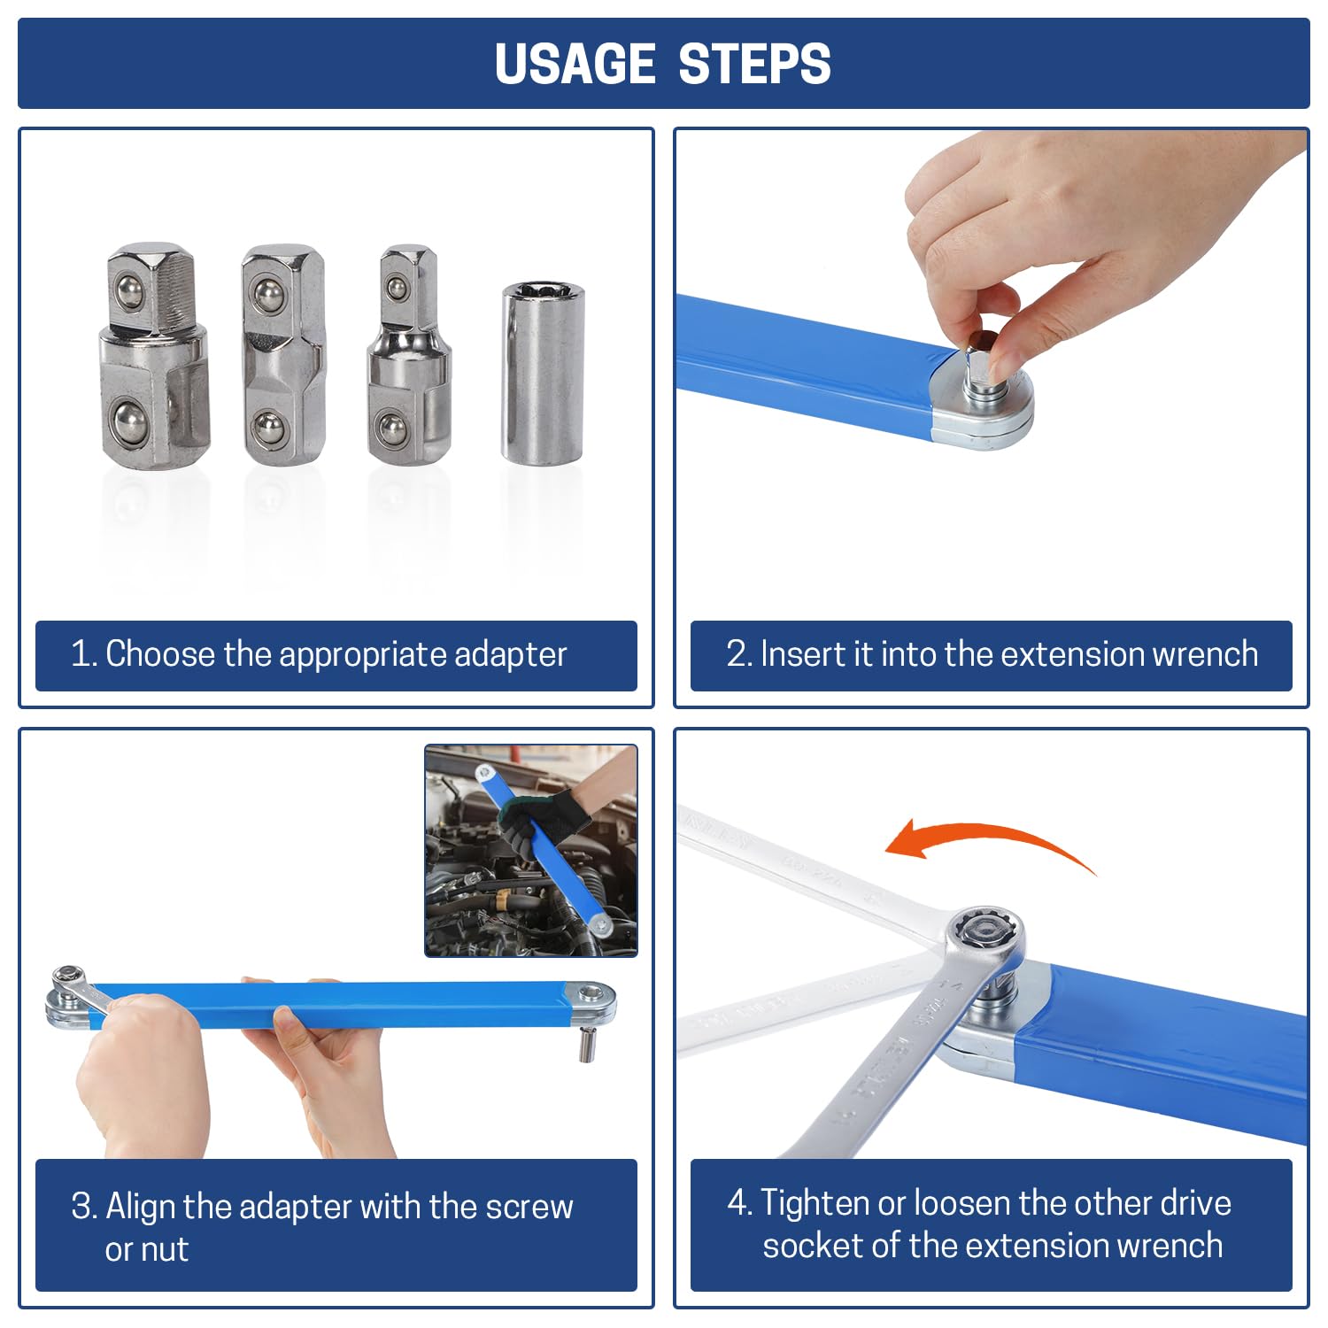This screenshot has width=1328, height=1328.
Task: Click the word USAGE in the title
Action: click(575, 64)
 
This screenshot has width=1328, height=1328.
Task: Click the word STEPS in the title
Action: click(754, 64)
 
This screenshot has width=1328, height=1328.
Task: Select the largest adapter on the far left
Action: click(154, 357)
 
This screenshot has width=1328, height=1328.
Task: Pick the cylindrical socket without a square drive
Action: click(543, 372)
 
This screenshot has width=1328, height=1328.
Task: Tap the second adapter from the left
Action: click(282, 356)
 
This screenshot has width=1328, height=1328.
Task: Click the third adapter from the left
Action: click(409, 354)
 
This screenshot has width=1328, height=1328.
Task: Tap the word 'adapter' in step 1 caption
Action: click(510, 654)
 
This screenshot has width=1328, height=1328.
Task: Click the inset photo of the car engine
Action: click(531, 851)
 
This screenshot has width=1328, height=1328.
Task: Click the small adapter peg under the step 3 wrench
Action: click(585, 1043)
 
